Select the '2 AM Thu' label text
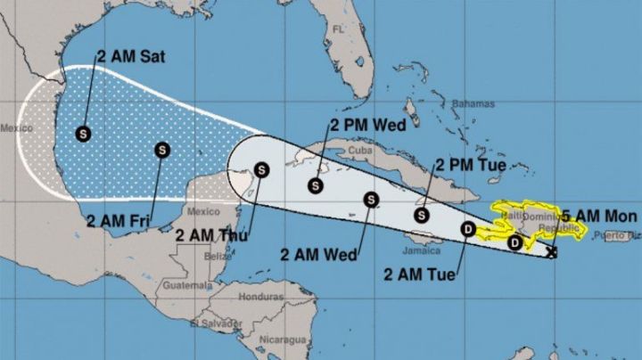(211, 236)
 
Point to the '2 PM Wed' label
(367, 125)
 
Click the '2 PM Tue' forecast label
(470, 165)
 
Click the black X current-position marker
(552, 253)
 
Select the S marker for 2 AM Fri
(161, 150)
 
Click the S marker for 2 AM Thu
(261, 169)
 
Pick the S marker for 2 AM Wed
(370, 200)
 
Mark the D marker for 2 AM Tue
(467, 230)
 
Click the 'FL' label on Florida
(338, 29)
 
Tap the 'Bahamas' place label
(472, 104)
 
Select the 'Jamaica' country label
(421, 250)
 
